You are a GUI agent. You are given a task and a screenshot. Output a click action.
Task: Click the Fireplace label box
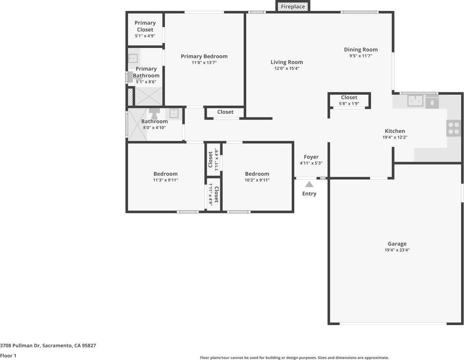point(293,7)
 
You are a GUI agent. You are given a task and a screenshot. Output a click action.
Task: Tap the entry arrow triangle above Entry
point(309,184)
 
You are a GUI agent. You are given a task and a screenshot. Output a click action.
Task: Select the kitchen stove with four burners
point(453,128)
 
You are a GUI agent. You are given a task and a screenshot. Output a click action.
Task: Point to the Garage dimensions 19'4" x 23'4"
point(397,250)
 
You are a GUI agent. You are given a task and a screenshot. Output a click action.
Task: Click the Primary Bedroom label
point(204,56)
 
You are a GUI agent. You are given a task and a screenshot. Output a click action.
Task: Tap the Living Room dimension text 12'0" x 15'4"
point(287,69)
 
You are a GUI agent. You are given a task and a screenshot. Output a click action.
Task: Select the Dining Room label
point(361,50)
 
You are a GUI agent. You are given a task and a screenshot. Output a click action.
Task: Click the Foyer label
point(311,157)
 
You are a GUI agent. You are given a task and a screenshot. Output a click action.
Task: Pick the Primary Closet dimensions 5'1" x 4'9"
point(145,36)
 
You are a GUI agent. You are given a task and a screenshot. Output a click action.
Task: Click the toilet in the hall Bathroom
point(155,112)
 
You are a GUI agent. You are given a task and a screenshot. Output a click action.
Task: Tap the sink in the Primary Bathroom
point(133,59)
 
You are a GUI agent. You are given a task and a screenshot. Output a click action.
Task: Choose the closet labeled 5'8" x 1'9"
point(349,100)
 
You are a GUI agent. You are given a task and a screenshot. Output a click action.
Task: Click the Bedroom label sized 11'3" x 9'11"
point(165,174)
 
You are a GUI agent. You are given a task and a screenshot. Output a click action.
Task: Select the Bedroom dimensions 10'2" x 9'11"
point(257,180)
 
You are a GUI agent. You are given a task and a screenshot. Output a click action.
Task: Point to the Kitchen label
point(395,131)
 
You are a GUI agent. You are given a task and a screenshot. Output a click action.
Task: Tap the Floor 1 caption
point(8,356)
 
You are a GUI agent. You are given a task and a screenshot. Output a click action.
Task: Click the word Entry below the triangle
point(309,193)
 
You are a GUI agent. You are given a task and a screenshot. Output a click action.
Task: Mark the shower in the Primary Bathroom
point(148,96)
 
